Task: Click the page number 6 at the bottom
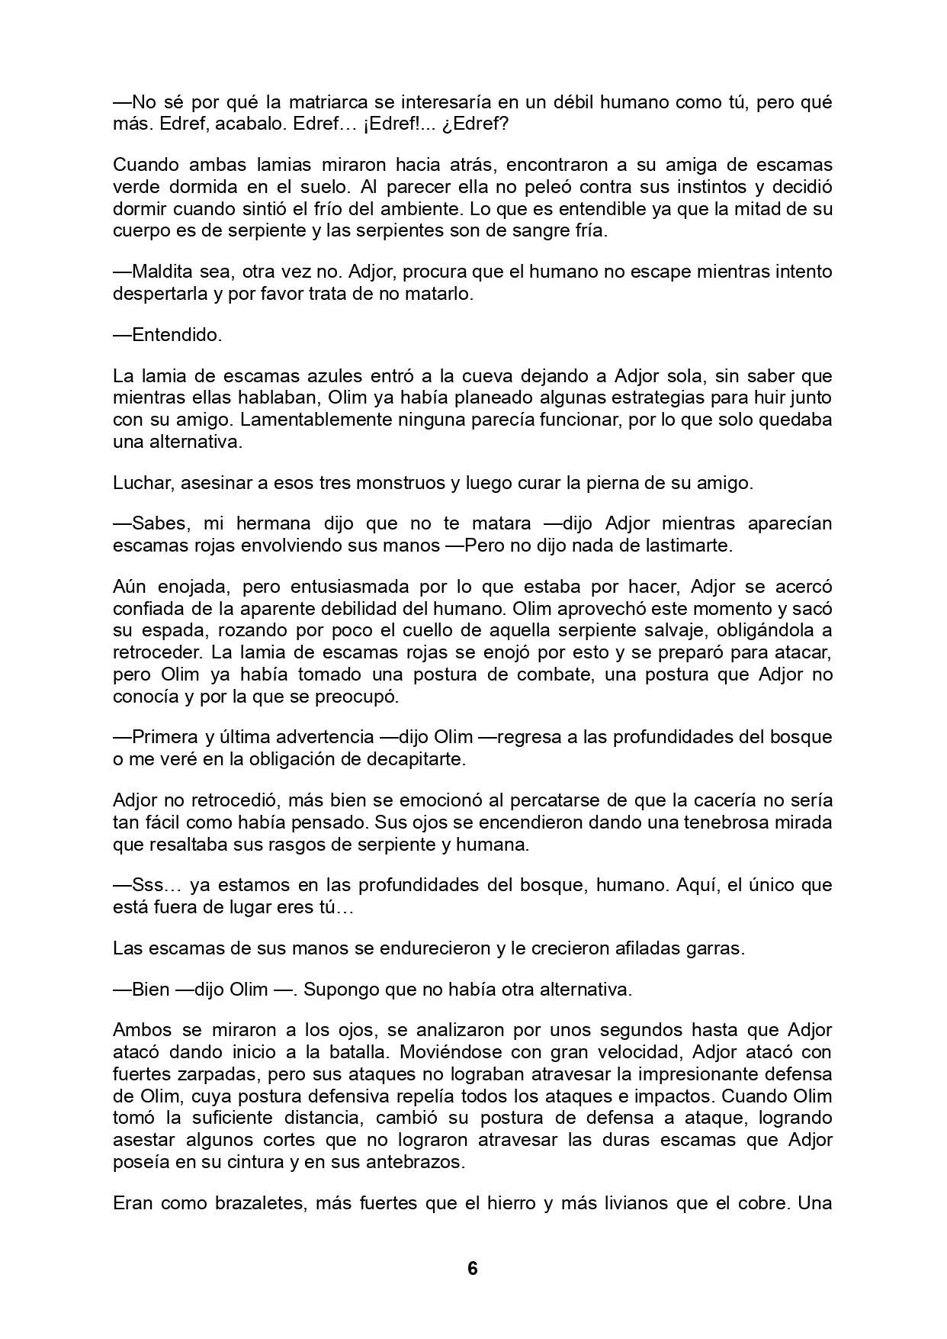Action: click(x=472, y=1268)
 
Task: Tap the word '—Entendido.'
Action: click(x=167, y=335)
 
